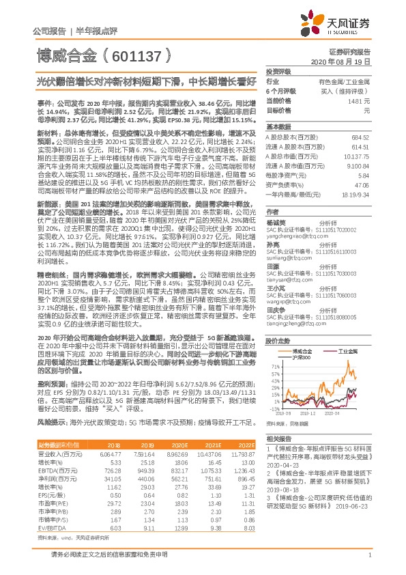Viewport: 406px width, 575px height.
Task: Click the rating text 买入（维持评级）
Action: point(347,90)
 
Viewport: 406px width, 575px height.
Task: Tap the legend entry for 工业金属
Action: point(349,349)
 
